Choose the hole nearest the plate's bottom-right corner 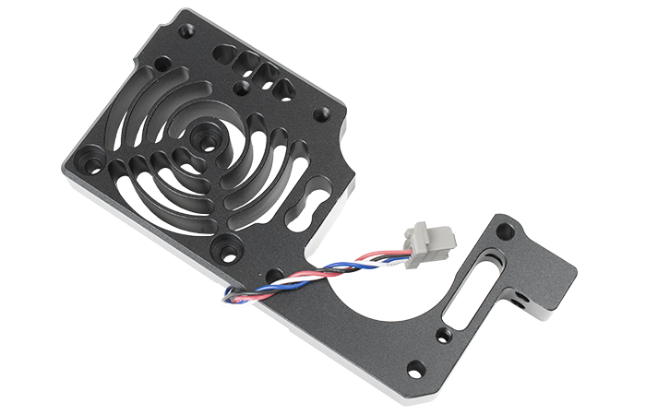pyautogui.click(x=416, y=368)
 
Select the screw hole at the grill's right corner pyautogui.click(x=321, y=114)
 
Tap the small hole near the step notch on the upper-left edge pyautogui.click(x=162, y=66)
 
